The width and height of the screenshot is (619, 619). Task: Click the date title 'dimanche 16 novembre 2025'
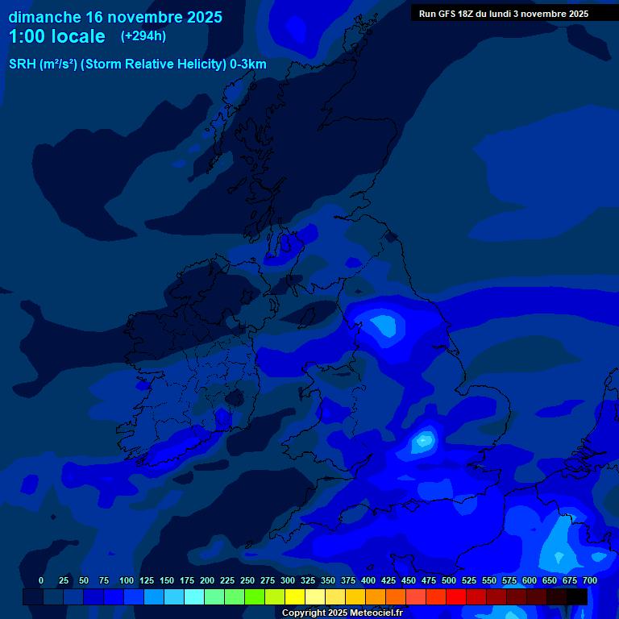tap(115, 17)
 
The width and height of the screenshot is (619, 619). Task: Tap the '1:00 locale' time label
tap(56, 37)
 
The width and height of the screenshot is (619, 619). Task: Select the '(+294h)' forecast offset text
tap(143, 36)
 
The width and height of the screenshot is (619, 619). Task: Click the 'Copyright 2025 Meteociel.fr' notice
tap(342, 613)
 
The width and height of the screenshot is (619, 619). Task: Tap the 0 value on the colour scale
tap(41, 580)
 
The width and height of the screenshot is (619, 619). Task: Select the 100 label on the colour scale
tap(126, 580)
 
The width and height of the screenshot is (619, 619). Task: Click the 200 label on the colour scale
tap(207, 580)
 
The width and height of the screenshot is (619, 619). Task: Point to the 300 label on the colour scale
tap(288, 580)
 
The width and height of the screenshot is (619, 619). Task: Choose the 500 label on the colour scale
tap(449, 580)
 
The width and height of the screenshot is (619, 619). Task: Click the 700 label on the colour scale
tap(589, 580)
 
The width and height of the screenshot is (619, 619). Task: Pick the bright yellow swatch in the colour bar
tap(295, 596)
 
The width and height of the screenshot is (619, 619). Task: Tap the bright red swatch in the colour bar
tap(456, 596)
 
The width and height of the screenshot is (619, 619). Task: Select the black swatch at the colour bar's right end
tap(577, 596)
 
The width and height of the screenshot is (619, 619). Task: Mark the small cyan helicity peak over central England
tap(423, 441)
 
